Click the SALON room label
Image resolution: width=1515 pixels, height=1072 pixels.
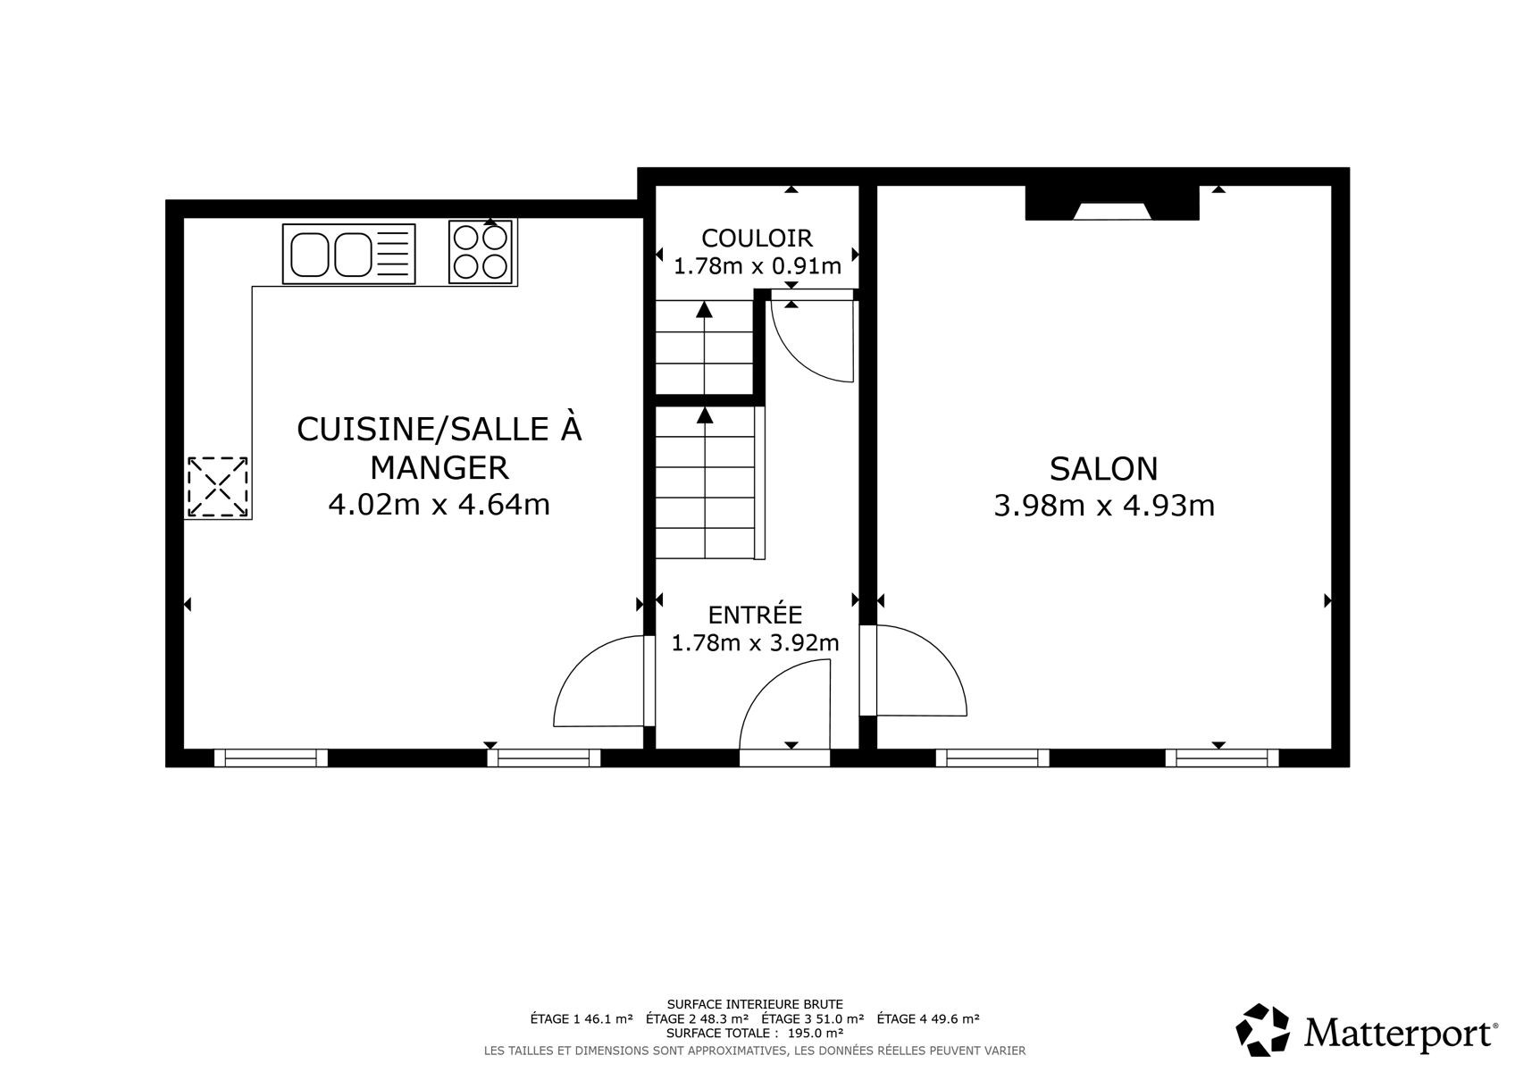click(x=1104, y=469)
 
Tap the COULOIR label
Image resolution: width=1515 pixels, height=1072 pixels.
click(x=757, y=238)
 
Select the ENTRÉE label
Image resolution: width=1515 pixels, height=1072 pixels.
click(x=755, y=614)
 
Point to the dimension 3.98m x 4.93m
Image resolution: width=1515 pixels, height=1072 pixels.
click(x=1104, y=506)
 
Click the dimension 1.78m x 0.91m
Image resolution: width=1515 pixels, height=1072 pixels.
click(x=757, y=266)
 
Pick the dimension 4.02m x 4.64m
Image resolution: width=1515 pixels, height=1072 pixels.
click(x=439, y=505)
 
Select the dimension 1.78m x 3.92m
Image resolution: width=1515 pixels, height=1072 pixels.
click(x=755, y=642)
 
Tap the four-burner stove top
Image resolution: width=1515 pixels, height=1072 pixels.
click(x=481, y=252)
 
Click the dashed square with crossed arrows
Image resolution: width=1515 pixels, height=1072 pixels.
click(x=217, y=487)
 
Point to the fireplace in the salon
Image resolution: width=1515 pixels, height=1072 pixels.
click(x=1112, y=203)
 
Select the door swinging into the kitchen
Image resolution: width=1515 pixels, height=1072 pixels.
click(x=598, y=681)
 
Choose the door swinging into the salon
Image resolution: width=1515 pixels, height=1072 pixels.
click(x=915, y=670)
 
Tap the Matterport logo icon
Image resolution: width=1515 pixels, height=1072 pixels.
click(x=1262, y=1030)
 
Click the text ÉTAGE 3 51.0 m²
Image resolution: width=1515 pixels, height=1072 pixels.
click(x=812, y=1018)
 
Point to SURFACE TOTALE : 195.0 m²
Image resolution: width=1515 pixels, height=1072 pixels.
click(x=755, y=1033)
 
